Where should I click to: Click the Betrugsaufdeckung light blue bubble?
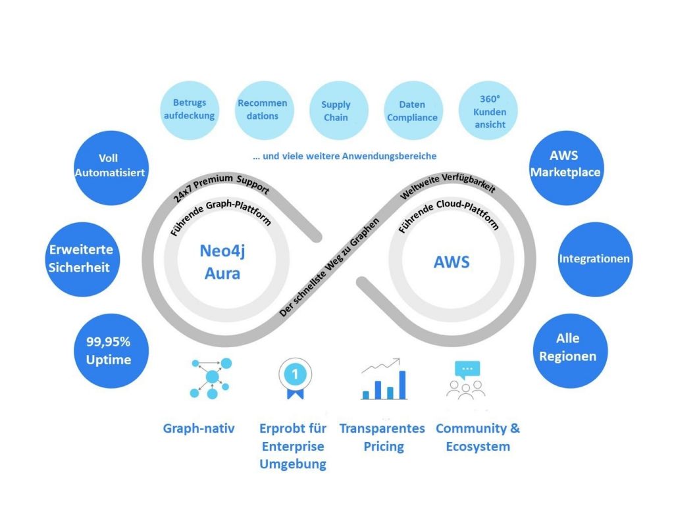tap(190, 110)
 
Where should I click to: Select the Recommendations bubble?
tap(263, 110)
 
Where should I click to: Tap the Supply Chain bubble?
tap(336, 110)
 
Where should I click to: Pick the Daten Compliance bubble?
tap(412, 110)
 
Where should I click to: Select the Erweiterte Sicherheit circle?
tap(81, 258)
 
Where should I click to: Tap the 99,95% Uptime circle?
tap(109, 350)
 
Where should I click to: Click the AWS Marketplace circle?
tap(567, 166)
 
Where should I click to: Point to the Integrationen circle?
tap(594, 258)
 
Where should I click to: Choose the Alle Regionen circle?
tap(568, 348)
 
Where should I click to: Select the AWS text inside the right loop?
tap(452, 262)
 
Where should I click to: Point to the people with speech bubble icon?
tap(467, 379)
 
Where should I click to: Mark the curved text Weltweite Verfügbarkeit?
tap(448, 191)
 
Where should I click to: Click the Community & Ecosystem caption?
tap(477, 437)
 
